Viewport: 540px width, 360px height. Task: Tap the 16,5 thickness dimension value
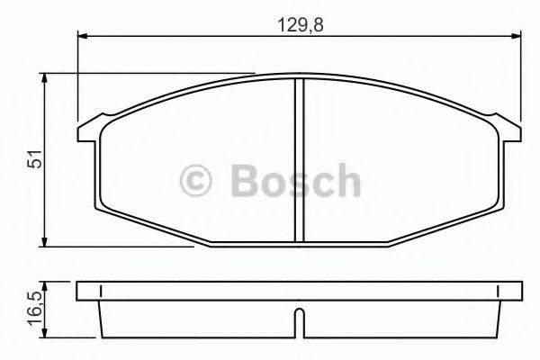[x=34, y=305]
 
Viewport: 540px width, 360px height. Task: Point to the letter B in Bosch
[x=245, y=181]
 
